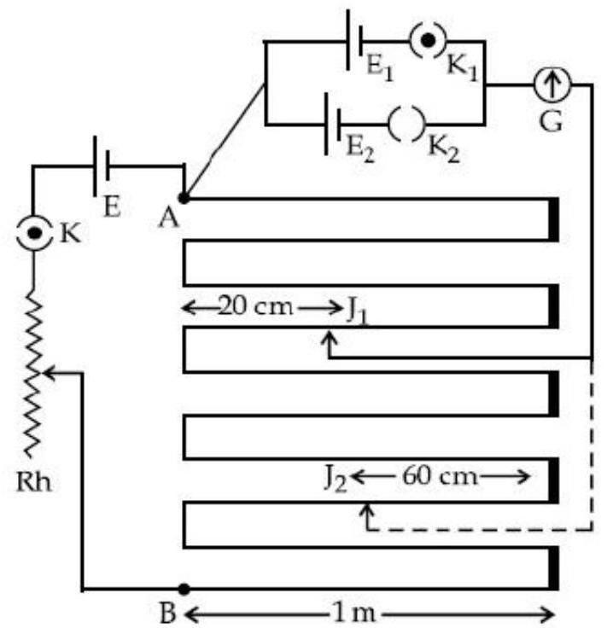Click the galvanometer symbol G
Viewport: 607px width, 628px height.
coord(552,85)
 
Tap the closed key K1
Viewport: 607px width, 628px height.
coord(428,40)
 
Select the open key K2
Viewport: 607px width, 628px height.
coord(406,125)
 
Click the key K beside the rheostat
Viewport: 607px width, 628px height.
coord(34,233)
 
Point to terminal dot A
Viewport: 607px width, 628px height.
coord(184,198)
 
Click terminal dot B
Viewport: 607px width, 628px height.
coord(184,589)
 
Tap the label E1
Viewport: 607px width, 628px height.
coord(380,69)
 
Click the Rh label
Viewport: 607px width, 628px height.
coord(34,481)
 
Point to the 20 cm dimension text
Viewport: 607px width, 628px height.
coord(255,306)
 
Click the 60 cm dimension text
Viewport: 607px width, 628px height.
coord(440,476)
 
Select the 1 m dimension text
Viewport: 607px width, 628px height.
coord(354,613)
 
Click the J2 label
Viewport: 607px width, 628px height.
coord(335,479)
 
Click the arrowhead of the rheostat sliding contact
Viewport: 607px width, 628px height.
coord(49,373)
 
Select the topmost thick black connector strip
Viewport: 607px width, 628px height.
coord(553,219)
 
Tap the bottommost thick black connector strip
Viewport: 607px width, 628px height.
coord(553,568)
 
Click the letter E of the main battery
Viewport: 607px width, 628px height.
coord(112,207)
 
